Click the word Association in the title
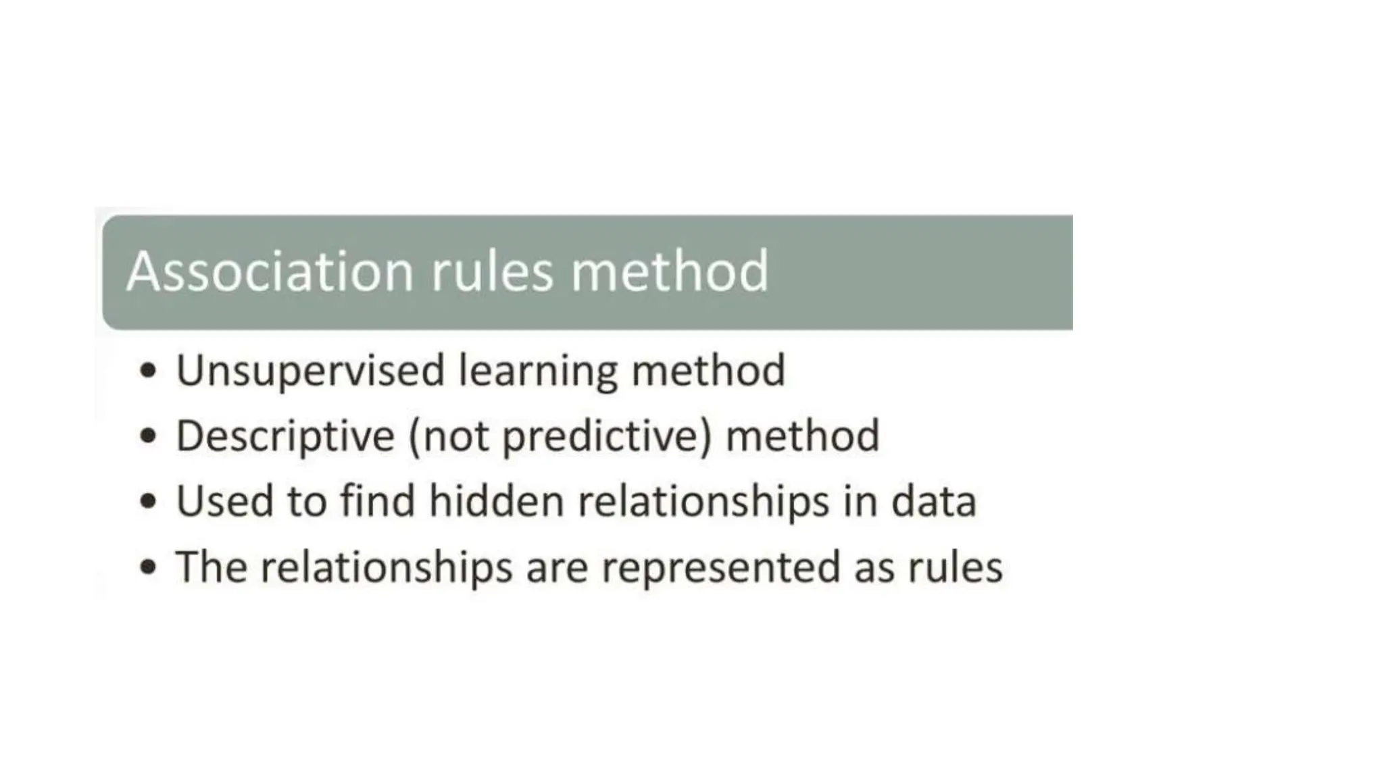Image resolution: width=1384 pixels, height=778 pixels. coord(270,271)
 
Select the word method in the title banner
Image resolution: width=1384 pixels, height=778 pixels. coord(670,271)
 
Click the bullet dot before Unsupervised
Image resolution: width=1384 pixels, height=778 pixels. coord(148,371)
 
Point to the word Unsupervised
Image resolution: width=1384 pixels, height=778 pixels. coord(310,371)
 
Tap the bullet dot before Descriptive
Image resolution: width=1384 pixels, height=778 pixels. coord(148,436)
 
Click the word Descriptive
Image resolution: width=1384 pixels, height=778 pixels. coord(285,436)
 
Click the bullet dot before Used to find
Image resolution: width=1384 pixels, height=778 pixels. coord(148,502)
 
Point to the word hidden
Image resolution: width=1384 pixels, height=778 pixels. coord(496,501)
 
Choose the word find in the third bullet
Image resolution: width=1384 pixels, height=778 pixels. coord(377,501)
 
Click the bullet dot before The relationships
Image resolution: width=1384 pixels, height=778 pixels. coord(148,567)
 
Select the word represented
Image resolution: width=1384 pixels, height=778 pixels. coord(720,568)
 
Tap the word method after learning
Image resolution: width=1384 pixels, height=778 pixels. coord(708,371)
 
